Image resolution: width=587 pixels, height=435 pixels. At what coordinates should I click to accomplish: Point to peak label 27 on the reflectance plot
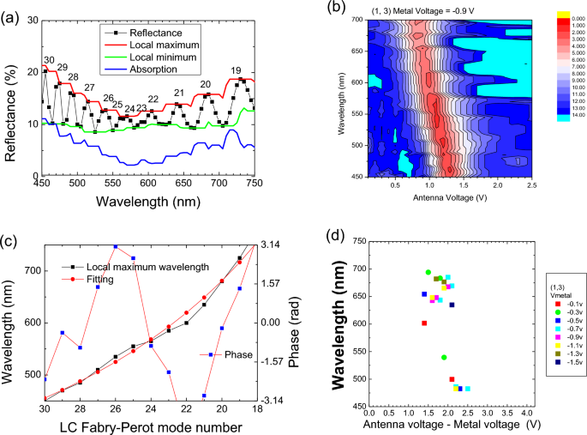(89, 88)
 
